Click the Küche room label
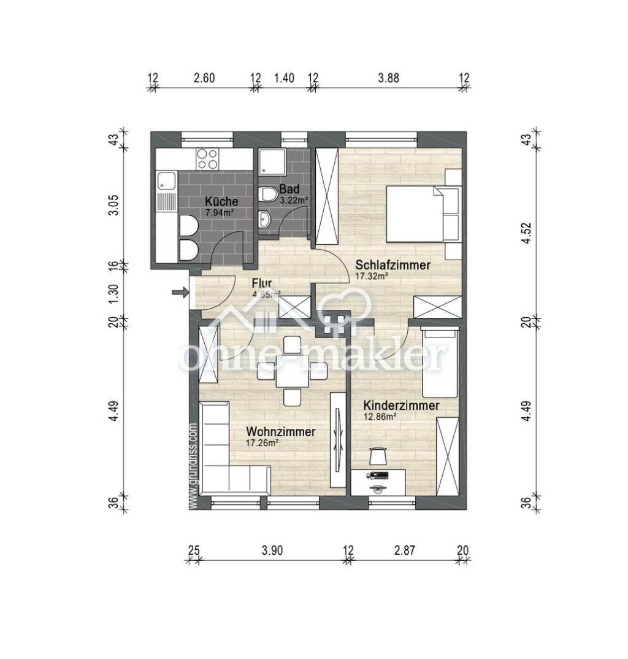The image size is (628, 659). (221, 201)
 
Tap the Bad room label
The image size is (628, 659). (289, 188)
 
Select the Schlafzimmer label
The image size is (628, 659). (393, 265)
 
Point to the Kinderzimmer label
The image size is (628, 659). (401, 406)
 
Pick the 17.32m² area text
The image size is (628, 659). (372, 276)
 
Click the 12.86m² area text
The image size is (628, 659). (380, 417)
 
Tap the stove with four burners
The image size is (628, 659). (207, 159)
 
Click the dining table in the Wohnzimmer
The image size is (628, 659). (292, 371)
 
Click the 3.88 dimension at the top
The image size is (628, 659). (389, 78)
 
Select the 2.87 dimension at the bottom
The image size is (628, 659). (405, 550)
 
